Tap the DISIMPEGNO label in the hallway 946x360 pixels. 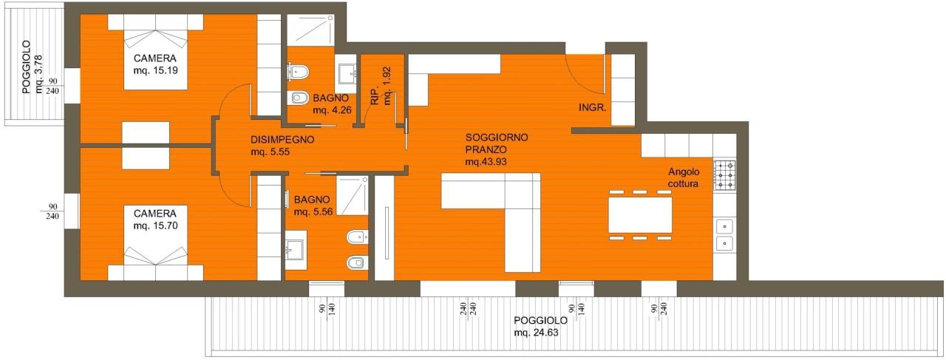(x=282, y=140)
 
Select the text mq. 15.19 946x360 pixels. (x=155, y=70)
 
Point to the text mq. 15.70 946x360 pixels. (x=155, y=225)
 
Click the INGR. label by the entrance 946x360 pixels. (x=592, y=108)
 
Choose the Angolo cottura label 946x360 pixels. (x=684, y=178)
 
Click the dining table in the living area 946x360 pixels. (x=640, y=215)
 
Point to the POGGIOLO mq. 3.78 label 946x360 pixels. (x=32, y=67)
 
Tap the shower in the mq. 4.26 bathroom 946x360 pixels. (x=311, y=30)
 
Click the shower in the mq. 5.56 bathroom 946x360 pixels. (x=353, y=196)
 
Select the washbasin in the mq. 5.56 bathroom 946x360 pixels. (x=295, y=250)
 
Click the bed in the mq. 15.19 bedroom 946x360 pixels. (x=155, y=52)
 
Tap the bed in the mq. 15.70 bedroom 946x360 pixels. (x=155, y=243)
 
